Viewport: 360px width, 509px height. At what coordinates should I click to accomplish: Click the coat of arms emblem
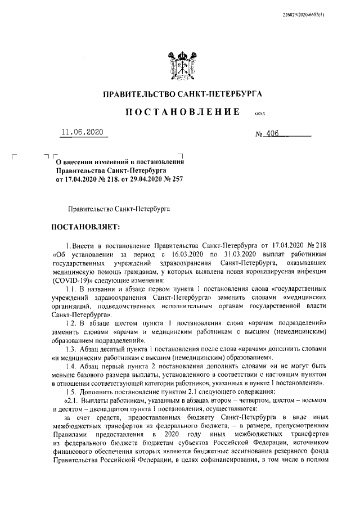179,62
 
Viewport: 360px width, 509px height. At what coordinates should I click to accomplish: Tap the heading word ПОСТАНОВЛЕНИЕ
180,113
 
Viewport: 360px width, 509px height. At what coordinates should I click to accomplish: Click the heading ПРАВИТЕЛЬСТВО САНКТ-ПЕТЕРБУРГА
180,93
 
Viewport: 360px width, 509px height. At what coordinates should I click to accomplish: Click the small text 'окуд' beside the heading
260,114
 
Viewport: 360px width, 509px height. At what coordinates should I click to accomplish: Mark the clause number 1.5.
72,392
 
